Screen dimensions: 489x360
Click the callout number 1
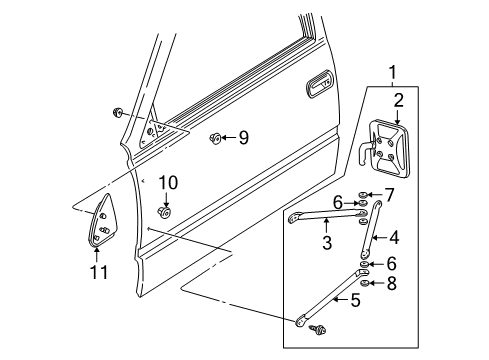(393, 72)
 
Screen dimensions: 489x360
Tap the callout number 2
(399, 100)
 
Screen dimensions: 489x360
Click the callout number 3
(327, 242)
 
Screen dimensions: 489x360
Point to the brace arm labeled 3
(327, 215)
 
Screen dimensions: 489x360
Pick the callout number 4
(394, 238)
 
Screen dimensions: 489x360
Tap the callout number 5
(356, 300)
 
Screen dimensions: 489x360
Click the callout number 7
(389, 195)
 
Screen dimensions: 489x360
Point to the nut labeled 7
(362, 195)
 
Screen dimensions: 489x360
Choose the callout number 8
(391, 283)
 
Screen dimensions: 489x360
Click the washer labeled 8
(364, 283)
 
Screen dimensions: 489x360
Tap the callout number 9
(244, 137)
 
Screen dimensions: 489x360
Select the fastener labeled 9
(215, 137)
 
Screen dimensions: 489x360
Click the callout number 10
(168, 183)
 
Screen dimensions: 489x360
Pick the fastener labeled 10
(164, 212)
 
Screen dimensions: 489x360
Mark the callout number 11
(99, 272)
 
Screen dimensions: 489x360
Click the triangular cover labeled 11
(99, 221)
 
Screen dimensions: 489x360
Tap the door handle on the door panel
(319, 83)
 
